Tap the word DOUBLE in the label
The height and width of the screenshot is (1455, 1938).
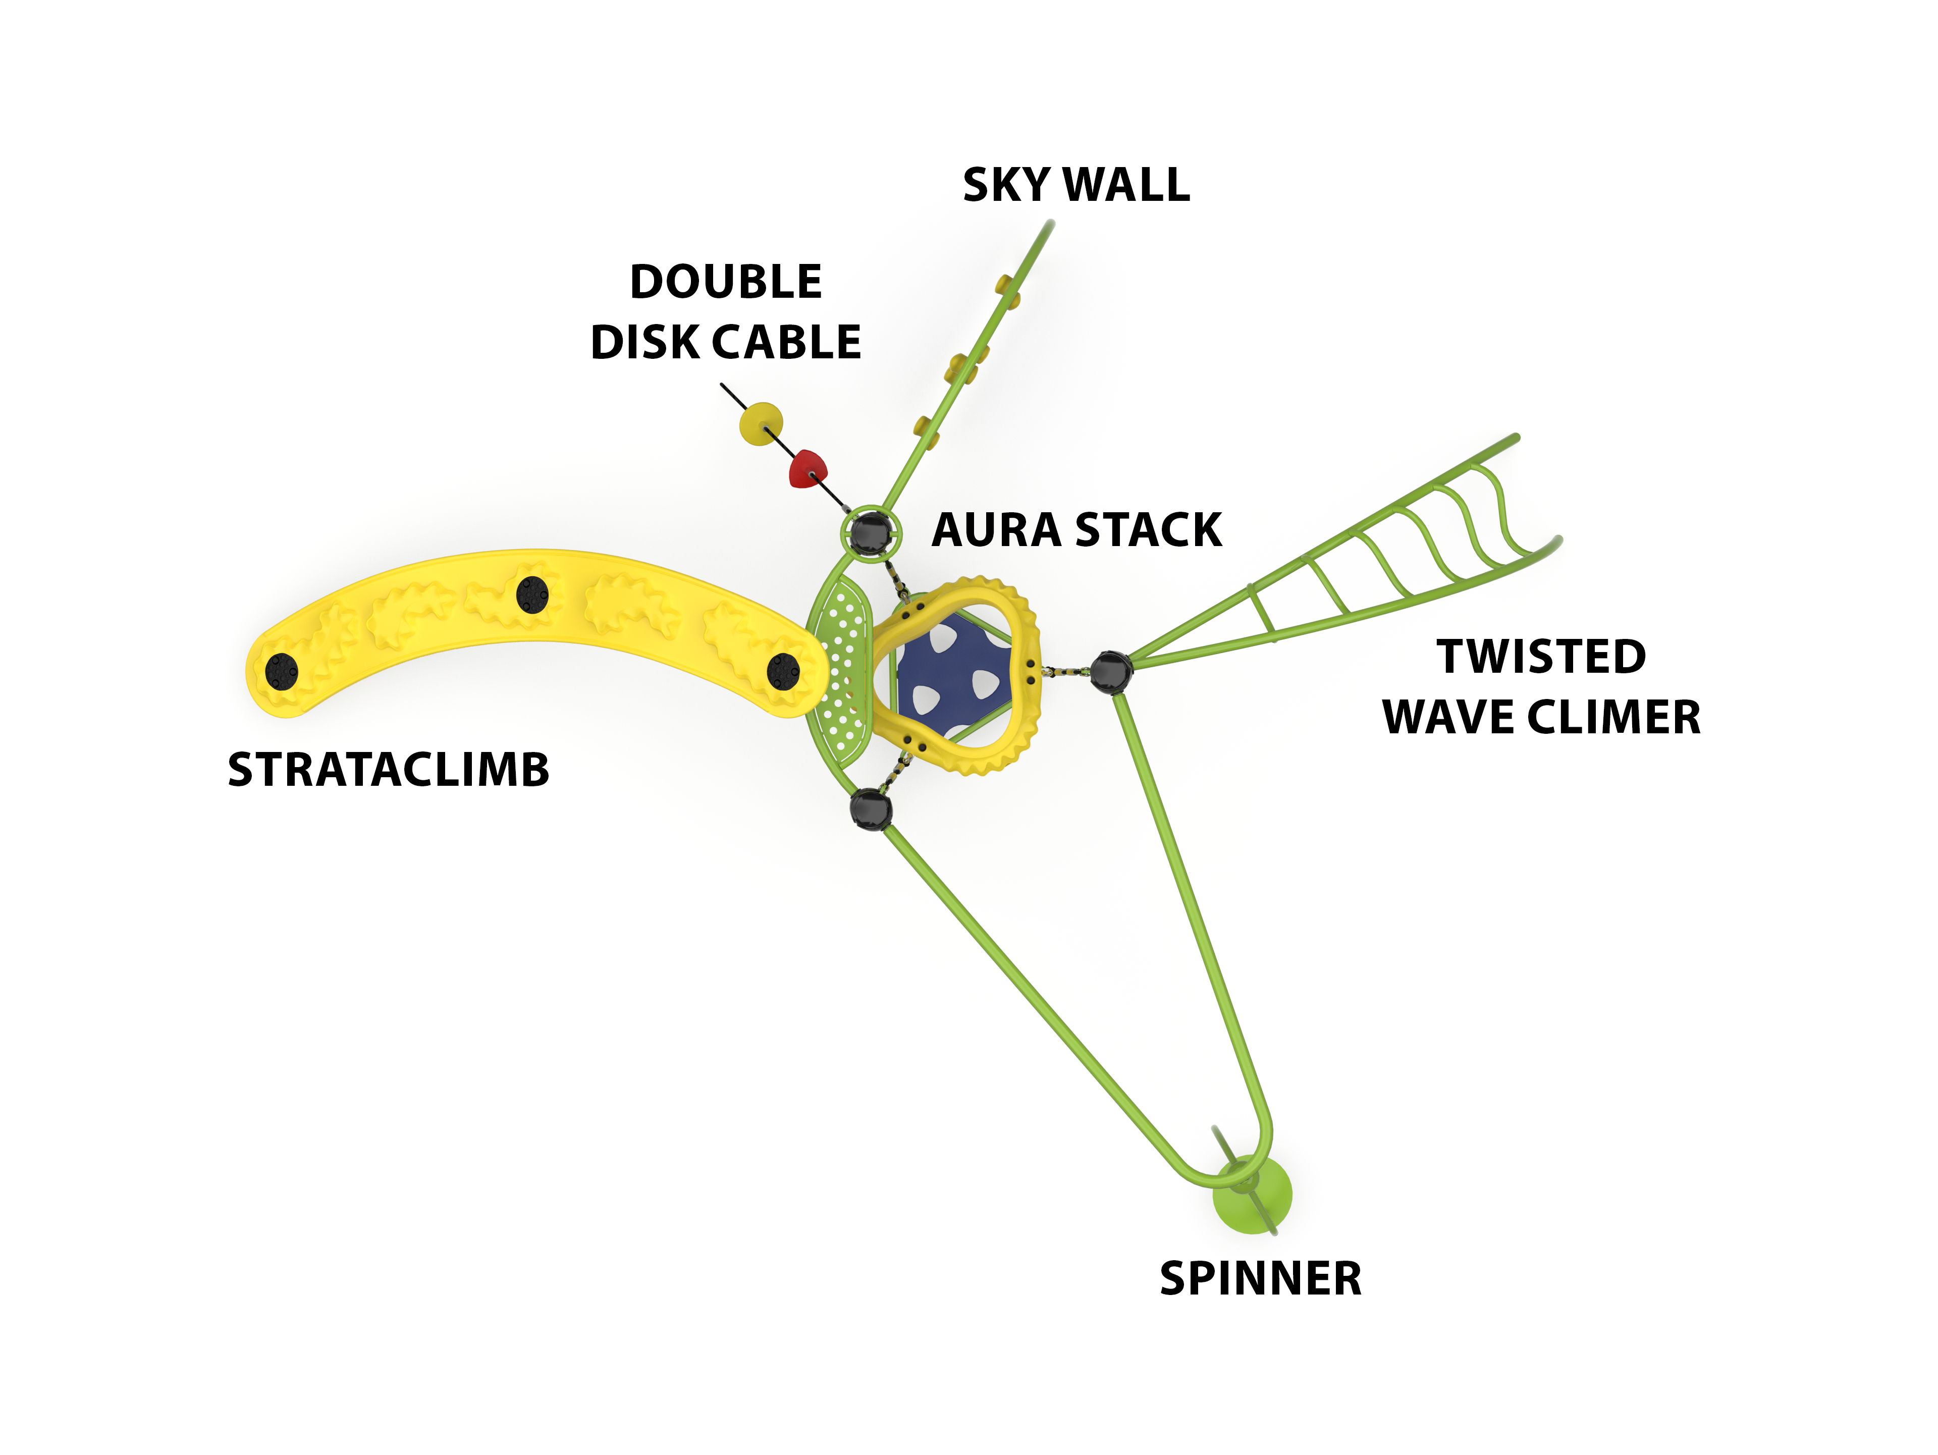pos(725,282)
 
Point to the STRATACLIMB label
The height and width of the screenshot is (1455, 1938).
pos(388,770)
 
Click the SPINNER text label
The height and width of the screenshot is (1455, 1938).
pos(1260,1279)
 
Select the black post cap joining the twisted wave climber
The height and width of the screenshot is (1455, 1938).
pos(1111,672)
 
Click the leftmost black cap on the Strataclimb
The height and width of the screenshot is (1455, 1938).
pos(281,672)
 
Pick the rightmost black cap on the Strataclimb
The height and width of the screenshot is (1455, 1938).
pos(782,672)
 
